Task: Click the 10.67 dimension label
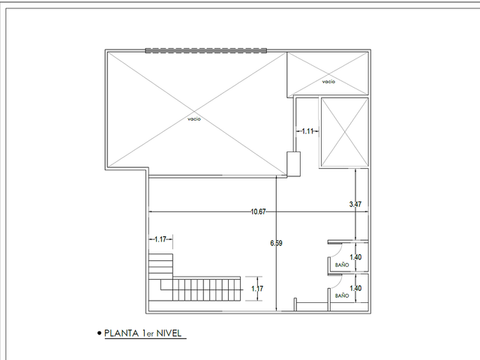[258, 211]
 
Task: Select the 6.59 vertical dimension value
[276, 243]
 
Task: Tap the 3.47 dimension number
[355, 204]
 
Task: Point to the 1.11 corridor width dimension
[307, 131]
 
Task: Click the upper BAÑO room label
[342, 265]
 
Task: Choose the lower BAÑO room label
[342, 295]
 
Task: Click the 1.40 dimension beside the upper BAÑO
[355, 257]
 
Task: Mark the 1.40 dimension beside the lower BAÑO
[355, 288]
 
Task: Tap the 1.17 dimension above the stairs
[160, 239]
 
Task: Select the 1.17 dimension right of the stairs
[257, 289]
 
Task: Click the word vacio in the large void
[194, 118]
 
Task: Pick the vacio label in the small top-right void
[328, 82]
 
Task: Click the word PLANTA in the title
[121, 333]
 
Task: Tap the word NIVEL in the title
[169, 333]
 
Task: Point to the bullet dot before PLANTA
[99, 333]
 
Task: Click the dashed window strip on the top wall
[206, 50]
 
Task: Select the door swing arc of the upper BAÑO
[337, 253]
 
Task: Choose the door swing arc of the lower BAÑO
[337, 283]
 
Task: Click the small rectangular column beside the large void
[293, 164]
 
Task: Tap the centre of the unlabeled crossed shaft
[345, 132]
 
